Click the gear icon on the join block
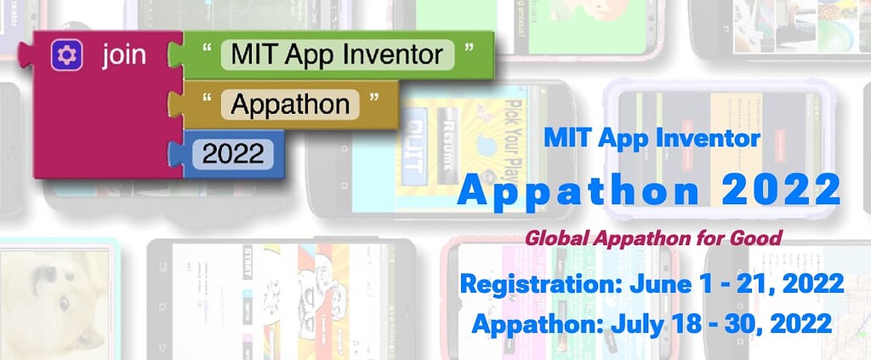[x=66, y=56]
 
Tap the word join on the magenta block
[x=123, y=56]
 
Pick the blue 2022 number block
[x=232, y=155]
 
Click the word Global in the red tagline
[x=555, y=237]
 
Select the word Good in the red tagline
[x=755, y=237]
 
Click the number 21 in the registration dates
[x=746, y=283]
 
